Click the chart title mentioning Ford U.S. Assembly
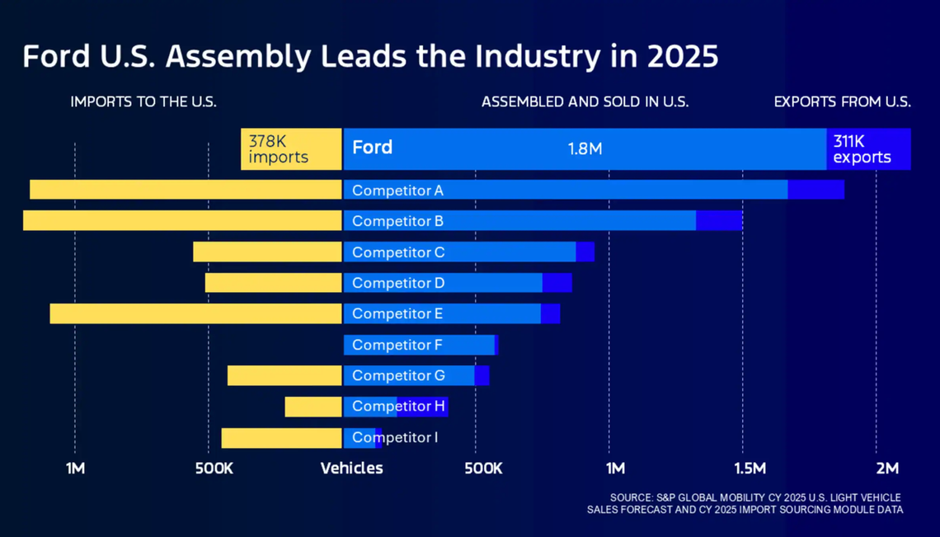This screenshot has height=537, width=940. [x=370, y=57]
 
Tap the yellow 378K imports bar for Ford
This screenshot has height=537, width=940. [x=291, y=149]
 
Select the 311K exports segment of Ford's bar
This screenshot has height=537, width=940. [x=867, y=149]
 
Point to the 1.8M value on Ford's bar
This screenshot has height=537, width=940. [x=585, y=149]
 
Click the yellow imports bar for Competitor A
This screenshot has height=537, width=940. [x=186, y=190]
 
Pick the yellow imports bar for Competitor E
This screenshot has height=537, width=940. [x=195, y=313]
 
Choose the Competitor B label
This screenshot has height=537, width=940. [x=397, y=221]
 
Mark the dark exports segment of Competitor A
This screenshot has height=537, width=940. [x=815, y=190]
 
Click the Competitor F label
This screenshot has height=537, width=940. [x=397, y=345]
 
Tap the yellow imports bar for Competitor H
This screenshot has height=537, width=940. [x=313, y=407]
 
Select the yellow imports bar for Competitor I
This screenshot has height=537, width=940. [x=281, y=438]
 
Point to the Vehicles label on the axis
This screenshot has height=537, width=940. [x=351, y=469]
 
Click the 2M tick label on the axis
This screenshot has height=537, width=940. [x=887, y=469]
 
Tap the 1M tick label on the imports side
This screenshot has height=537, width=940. [x=75, y=469]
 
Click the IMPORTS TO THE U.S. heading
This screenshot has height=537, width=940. [x=143, y=102]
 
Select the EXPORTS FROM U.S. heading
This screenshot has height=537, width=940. [x=842, y=102]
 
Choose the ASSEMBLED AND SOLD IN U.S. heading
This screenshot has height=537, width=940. [x=585, y=102]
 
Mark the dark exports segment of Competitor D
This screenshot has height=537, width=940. [x=557, y=283]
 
